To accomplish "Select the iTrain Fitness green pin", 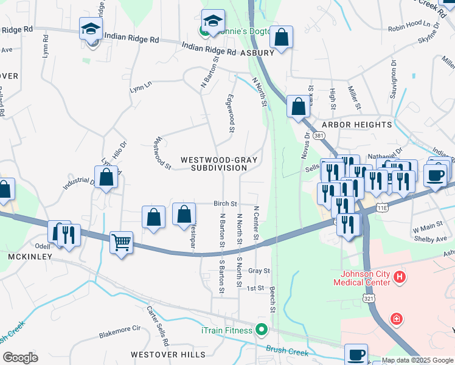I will (262, 330).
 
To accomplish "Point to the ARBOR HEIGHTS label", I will (356, 125).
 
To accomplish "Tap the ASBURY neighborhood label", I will (257, 52).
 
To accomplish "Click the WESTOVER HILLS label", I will (163, 354).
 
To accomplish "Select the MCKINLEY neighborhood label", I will (29, 257).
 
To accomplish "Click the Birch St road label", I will (224, 204).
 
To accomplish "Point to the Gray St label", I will (259, 270).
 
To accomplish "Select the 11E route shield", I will (382, 207).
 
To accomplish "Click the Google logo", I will (20, 357).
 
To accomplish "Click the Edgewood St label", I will (231, 113).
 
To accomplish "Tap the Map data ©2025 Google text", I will (417, 360).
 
